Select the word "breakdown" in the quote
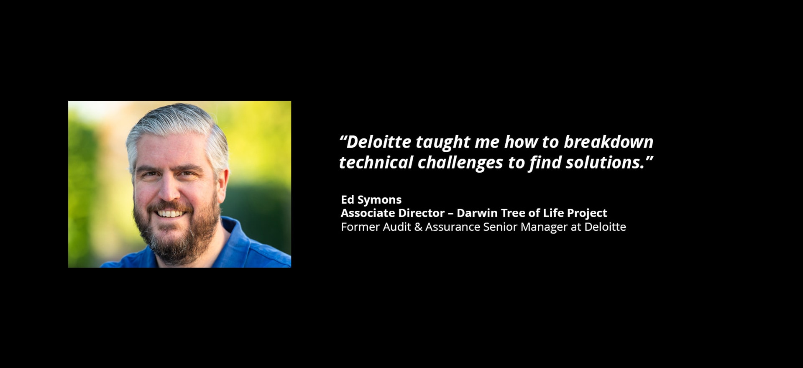click(x=609, y=142)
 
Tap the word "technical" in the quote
click(x=376, y=162)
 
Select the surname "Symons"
click(x=379, y=200)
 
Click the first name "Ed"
click(x=347, y=199)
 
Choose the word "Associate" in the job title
click(x=366, y=213)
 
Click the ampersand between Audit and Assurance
click(x=418, y=227)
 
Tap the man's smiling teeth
click(x=170, y=214)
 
